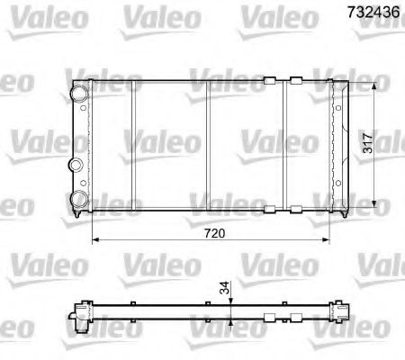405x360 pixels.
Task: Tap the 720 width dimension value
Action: click(x=213, y=233)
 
